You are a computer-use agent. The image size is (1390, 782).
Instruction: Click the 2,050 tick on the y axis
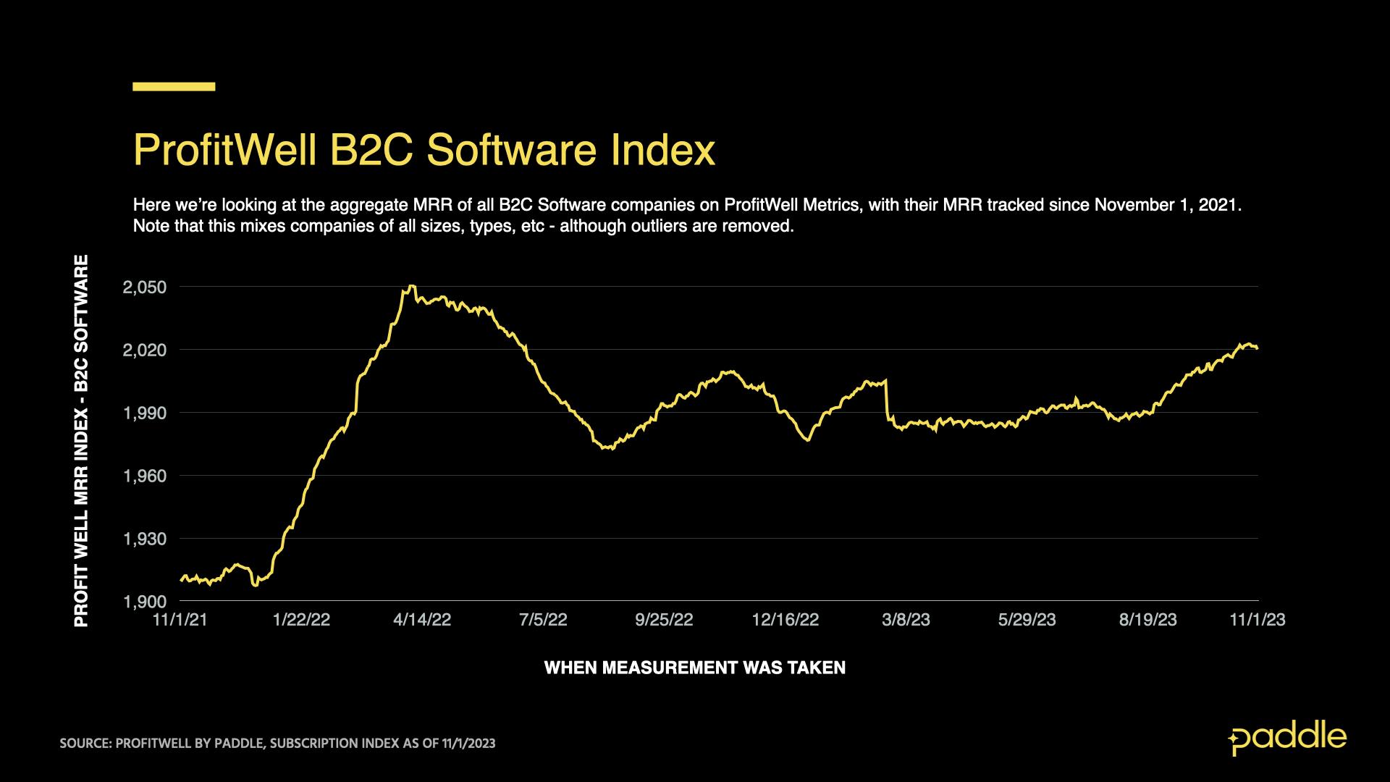pyautogui.click(x=145, y=287)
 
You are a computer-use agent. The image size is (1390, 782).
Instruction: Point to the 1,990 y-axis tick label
pyautogui.click(x=145, y=413)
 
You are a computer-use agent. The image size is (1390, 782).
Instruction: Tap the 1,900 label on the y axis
pyautogui.click(x=145, y=602)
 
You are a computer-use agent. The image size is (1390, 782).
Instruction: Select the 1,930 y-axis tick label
pyautogui.click(x=145, y=539)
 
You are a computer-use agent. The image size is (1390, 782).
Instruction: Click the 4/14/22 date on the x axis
pyautogui.click(x=422, y=620)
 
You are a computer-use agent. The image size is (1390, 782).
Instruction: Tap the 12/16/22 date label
pyautogui.click(x=785, y=620)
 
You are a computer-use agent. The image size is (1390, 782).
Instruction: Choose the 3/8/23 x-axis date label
pyautogui.click(x=906, y=620)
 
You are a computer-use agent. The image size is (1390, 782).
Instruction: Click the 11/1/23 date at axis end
pyautogui.click(x=1258, y=620)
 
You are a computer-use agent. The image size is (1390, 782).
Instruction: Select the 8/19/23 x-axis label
pyautogui.click(x=1147, y=620)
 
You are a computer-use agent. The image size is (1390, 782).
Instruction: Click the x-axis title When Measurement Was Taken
pyautogui.click(x=694, y=668)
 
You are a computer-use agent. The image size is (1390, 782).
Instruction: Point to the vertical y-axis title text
pyautogui.click(x=82, y=441)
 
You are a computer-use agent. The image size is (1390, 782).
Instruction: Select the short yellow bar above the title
pyautogui.click(x=174, y=87)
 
